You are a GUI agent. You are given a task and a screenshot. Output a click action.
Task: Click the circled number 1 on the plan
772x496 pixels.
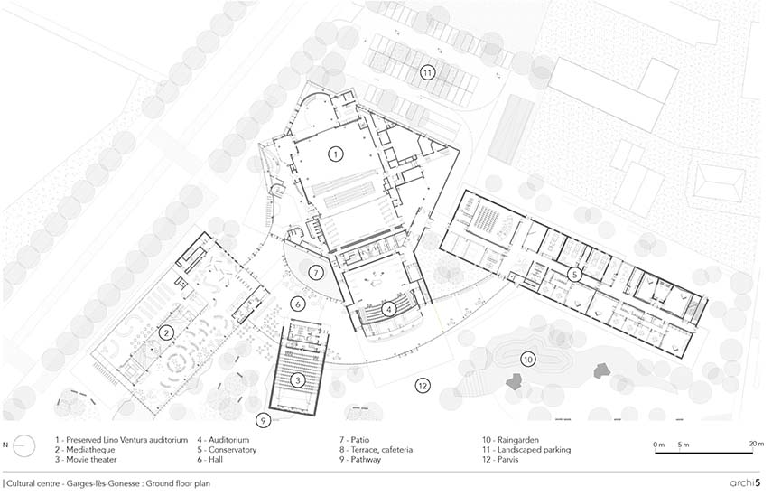[335, 154]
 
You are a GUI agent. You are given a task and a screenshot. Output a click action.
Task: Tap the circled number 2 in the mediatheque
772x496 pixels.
[167, 333]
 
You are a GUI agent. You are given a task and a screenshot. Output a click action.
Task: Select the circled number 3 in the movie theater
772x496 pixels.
[297, 379]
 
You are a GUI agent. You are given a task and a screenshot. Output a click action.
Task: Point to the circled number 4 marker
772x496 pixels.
[389, 309]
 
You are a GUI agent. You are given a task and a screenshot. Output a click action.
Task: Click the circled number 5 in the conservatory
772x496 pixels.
[574, 274]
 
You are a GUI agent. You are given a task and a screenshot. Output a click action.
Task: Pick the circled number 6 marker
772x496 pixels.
[298, 304]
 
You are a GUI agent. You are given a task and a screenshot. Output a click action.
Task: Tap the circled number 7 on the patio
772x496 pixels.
[316, 272]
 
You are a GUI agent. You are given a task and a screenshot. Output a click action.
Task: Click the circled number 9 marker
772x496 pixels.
[264, 421]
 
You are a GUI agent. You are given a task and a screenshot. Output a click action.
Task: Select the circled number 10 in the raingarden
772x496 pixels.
[528, 360]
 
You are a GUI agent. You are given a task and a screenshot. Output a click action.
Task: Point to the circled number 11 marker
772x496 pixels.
[427, 73]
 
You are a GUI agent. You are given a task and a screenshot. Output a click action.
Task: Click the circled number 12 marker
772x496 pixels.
[423, 386]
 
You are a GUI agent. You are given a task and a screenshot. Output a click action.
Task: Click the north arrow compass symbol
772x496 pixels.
[23, 446]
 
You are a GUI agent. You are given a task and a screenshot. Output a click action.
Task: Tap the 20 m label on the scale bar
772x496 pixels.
[757, 445]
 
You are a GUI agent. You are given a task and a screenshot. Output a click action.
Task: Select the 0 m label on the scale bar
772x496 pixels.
[659, 445]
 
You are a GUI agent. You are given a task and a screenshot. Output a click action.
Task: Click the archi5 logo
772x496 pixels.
[746, 482]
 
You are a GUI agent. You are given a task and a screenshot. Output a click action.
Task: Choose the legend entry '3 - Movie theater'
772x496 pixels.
[86, 460]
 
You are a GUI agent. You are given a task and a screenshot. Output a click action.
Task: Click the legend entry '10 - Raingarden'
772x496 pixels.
[510, 440]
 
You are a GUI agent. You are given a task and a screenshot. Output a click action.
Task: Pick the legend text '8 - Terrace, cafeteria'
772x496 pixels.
[376, 450]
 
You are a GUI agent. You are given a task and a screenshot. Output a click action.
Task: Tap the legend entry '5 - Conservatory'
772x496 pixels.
[227, 450]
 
